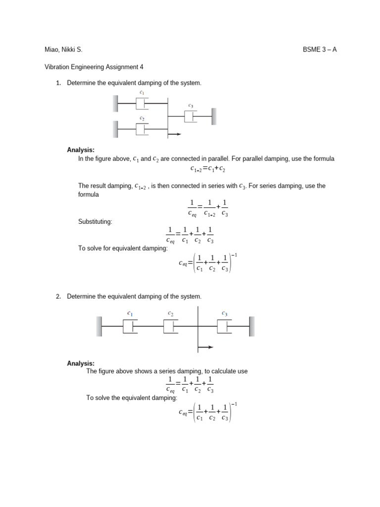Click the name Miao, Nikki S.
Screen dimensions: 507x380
[x=63, y=50]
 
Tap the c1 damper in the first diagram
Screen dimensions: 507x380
[x=142, y=103]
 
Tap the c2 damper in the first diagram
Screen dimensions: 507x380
[x=142, y=129]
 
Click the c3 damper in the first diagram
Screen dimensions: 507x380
[x=190, y=116]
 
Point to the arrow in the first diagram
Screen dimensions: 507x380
[x=175, y=134]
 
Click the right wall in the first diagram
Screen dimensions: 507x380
[x=214, y=116]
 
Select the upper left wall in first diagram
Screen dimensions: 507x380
[x=115, y=103]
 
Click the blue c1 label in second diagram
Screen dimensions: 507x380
[x=130, y=313]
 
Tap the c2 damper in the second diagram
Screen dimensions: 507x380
[x=171, y=326]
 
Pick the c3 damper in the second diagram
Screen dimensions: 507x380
[x=225, y=326]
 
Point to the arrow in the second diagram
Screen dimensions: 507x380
[x=206, y=347]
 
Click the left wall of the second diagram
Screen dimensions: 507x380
[x=99, y=326]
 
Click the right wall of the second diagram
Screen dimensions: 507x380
[x=252, y=326]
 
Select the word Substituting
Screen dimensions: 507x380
[x=95, y=221]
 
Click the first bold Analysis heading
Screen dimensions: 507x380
[x=81, y=150]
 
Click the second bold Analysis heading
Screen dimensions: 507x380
[x=81, y=363]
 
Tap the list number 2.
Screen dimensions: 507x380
[x=58, y=296]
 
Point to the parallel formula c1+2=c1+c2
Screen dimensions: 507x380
[x=208, y=169]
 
